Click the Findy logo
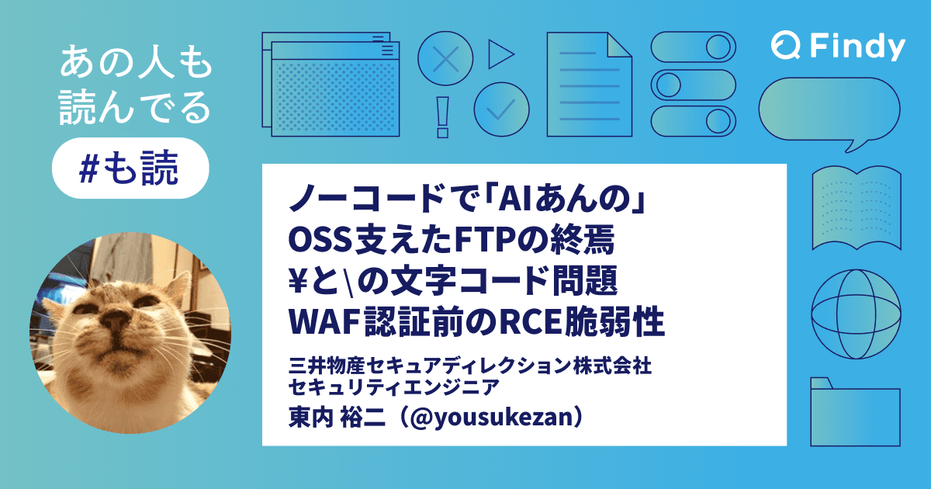point(838,47)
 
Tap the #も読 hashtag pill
point(130,168)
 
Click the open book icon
point(856,206)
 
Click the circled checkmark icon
point(501,109)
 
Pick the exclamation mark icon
point(444,116)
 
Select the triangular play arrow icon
point(500,55)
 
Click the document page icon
point(589,85)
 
